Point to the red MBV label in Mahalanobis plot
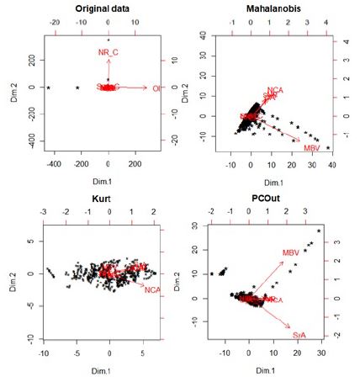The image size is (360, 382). coord(311,148)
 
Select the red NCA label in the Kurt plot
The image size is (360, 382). coord(152,290)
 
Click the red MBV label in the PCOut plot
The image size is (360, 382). coord(291,252)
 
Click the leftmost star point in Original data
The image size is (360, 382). coord(49,88)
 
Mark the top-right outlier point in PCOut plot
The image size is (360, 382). coord(319,231)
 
